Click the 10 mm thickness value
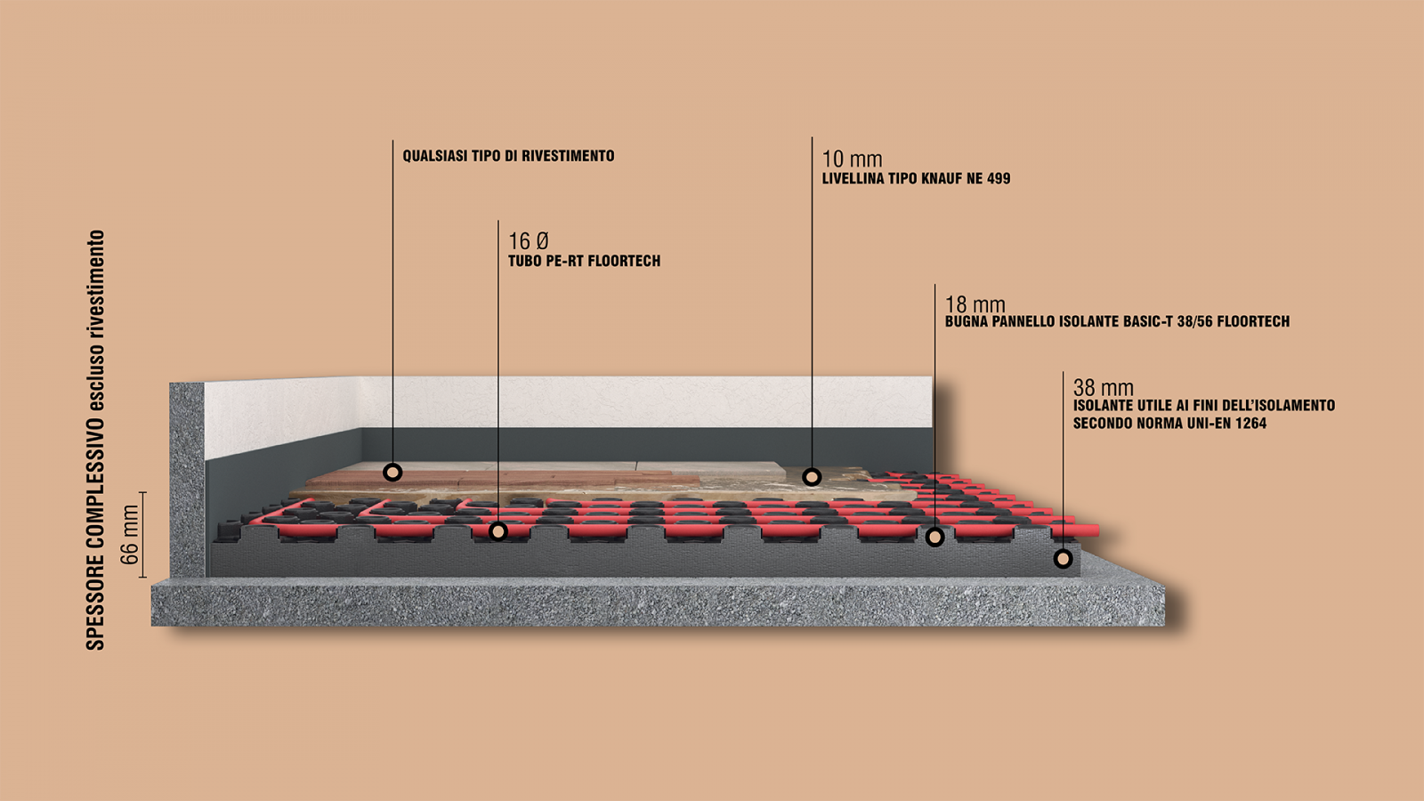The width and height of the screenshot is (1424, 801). [x=852, y=159]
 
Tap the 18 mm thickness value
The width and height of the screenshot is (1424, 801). [x=975, y=304]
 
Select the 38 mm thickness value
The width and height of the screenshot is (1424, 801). [x=1103, y=387]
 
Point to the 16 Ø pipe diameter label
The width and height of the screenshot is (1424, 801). [x=529, y=241]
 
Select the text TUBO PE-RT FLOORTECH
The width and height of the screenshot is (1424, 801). [x=584, y=261]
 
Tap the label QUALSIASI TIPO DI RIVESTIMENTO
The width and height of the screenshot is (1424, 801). [x=508, y=156]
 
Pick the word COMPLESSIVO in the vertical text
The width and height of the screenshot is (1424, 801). [x=94, y=473]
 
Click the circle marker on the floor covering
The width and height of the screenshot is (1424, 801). [x=392, y=473]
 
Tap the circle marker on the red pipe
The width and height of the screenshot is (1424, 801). [x=498, y=530]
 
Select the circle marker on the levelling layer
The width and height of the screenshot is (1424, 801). [x=812, y=477]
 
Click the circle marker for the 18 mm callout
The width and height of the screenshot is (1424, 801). [x=934, y=538]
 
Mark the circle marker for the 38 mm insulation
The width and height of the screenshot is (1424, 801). [x=1063, y=559]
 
